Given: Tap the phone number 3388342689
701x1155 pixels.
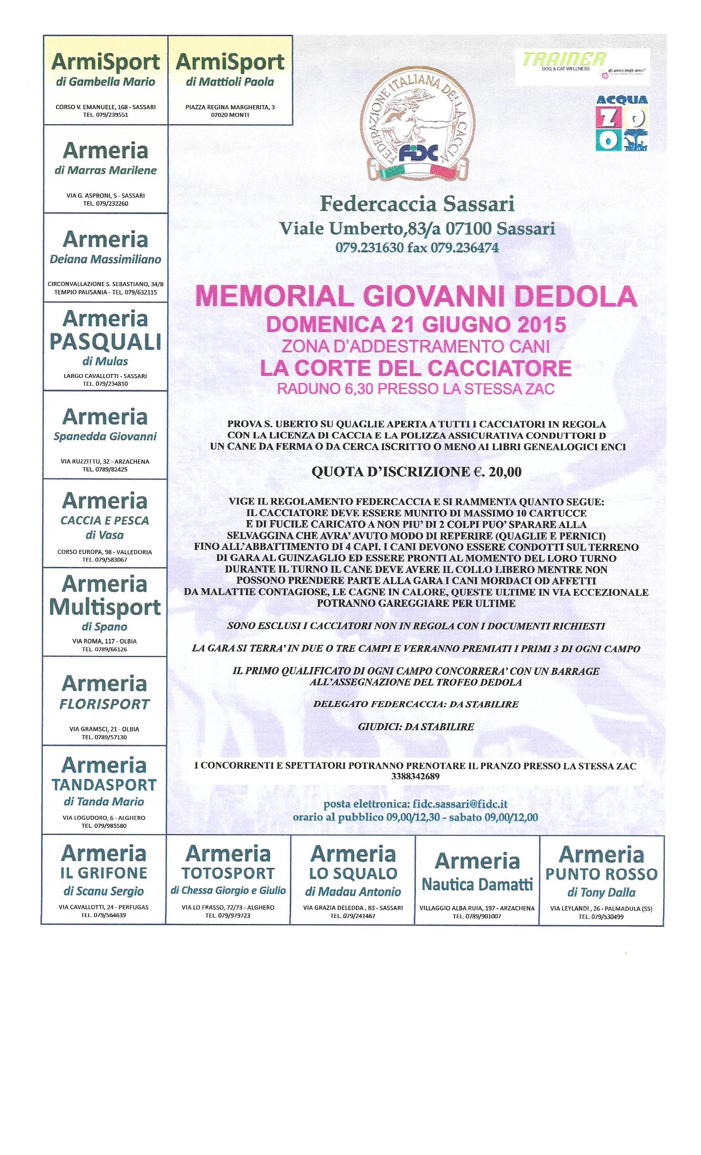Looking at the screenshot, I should pyautogui.click(x=415, y=776).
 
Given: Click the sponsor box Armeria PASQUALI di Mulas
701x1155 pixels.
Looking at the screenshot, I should pyautogui.click(x=105, y=346).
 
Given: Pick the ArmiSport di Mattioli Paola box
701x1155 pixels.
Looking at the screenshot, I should pyautogui.click(x=230, y=80).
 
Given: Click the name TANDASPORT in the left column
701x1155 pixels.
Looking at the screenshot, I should pyautogui.click(x=104, y=784).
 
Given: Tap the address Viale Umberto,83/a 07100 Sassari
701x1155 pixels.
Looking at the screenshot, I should pyautogui.click(x=416, y=229).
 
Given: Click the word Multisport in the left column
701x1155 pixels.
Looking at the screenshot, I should pyautogui.click(x=105, y=608).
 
